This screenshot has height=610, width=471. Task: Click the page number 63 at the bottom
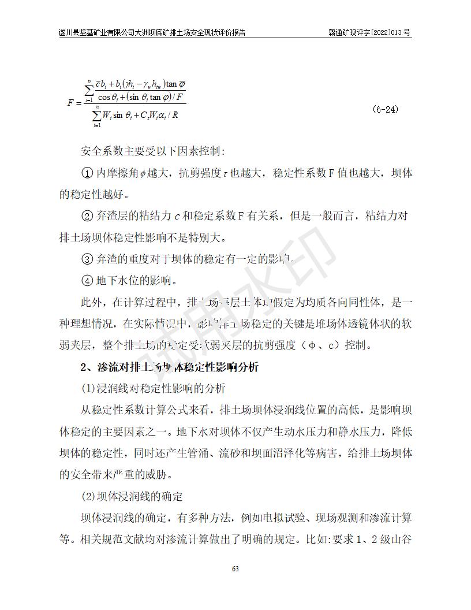(x=235, y=569)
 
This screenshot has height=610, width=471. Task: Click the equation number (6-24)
(x=385, y=109)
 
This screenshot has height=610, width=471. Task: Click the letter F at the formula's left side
(x=71, y=103)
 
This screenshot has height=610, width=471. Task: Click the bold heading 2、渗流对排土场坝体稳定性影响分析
(x=170, y=367)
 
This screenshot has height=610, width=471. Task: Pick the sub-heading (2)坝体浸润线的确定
(x=132, y=496)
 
